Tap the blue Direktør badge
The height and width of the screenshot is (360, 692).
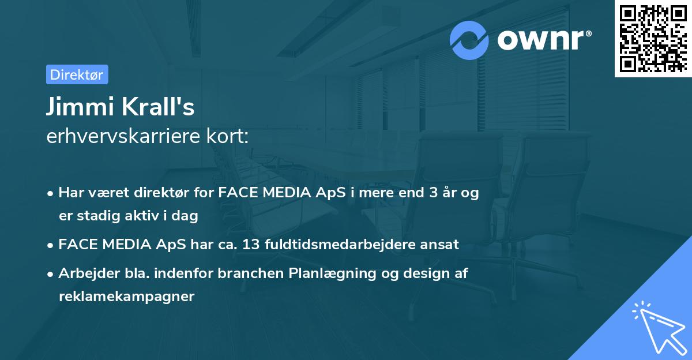click(77, 74)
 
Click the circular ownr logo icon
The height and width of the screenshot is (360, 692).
click(469, 40)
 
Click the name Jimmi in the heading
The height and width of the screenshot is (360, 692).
click(74, 107)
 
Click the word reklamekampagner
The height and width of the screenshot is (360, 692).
click(127, 297)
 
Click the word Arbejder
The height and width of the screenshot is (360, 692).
click(84, 274)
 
